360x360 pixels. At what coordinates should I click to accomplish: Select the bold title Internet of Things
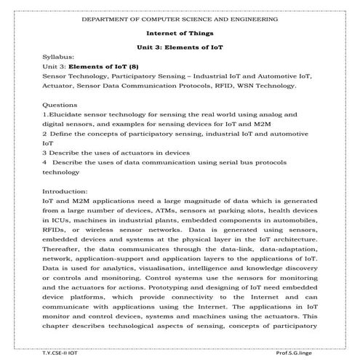[180, 33]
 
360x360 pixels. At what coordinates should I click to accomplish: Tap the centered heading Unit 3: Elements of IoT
[180, 47]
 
